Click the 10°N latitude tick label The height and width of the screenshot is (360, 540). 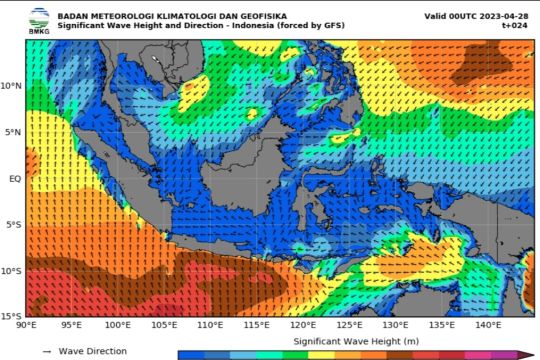tap(12, 86)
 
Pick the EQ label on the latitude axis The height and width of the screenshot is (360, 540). tap(15, 178)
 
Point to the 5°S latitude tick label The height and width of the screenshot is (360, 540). tap(14, 225)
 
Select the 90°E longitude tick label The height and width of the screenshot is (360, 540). tap(27, 325)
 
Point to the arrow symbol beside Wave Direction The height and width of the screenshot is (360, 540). tap(46, 352)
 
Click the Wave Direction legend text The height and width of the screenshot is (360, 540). tap(92, 352)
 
